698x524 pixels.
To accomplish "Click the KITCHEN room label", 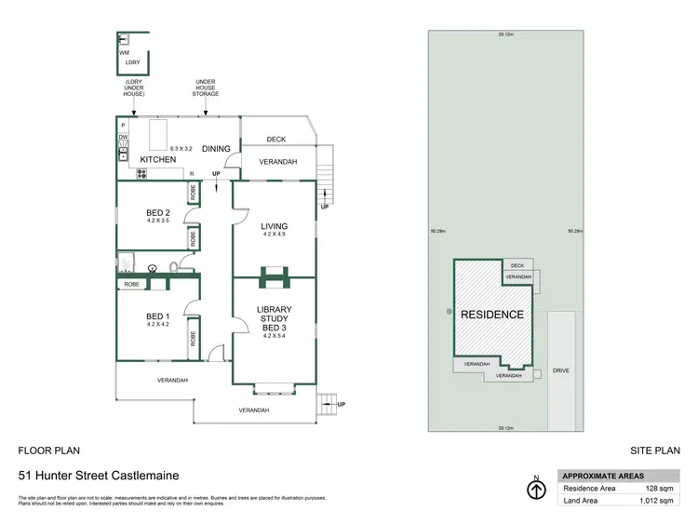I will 158,160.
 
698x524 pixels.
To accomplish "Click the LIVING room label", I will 275,226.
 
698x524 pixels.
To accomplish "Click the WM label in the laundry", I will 124,53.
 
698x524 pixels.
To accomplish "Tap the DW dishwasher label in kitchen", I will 123,138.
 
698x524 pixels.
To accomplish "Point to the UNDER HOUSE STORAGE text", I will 206,87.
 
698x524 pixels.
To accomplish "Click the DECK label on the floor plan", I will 275,140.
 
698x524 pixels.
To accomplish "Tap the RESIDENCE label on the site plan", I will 492,315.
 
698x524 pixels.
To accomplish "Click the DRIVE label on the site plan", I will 560,370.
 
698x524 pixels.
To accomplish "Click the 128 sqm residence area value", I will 660,487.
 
